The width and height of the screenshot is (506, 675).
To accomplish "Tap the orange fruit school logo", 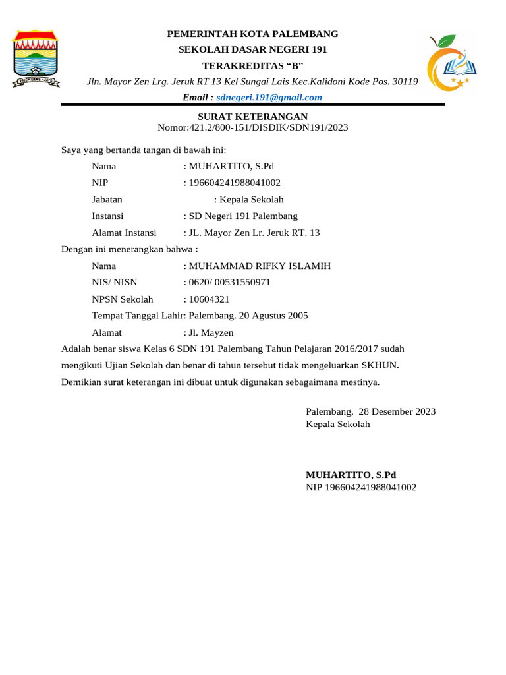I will point(449,63).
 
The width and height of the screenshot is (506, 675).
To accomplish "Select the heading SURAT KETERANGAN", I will point(253,117).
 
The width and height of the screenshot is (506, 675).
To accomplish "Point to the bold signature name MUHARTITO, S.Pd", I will point(351,475).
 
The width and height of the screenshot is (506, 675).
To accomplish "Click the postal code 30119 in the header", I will point(405,82).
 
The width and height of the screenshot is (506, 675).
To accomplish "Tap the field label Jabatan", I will point(107,200).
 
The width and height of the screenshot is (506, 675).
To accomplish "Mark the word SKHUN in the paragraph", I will point(384,365).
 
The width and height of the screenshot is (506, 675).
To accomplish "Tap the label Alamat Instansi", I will point(124,233).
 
